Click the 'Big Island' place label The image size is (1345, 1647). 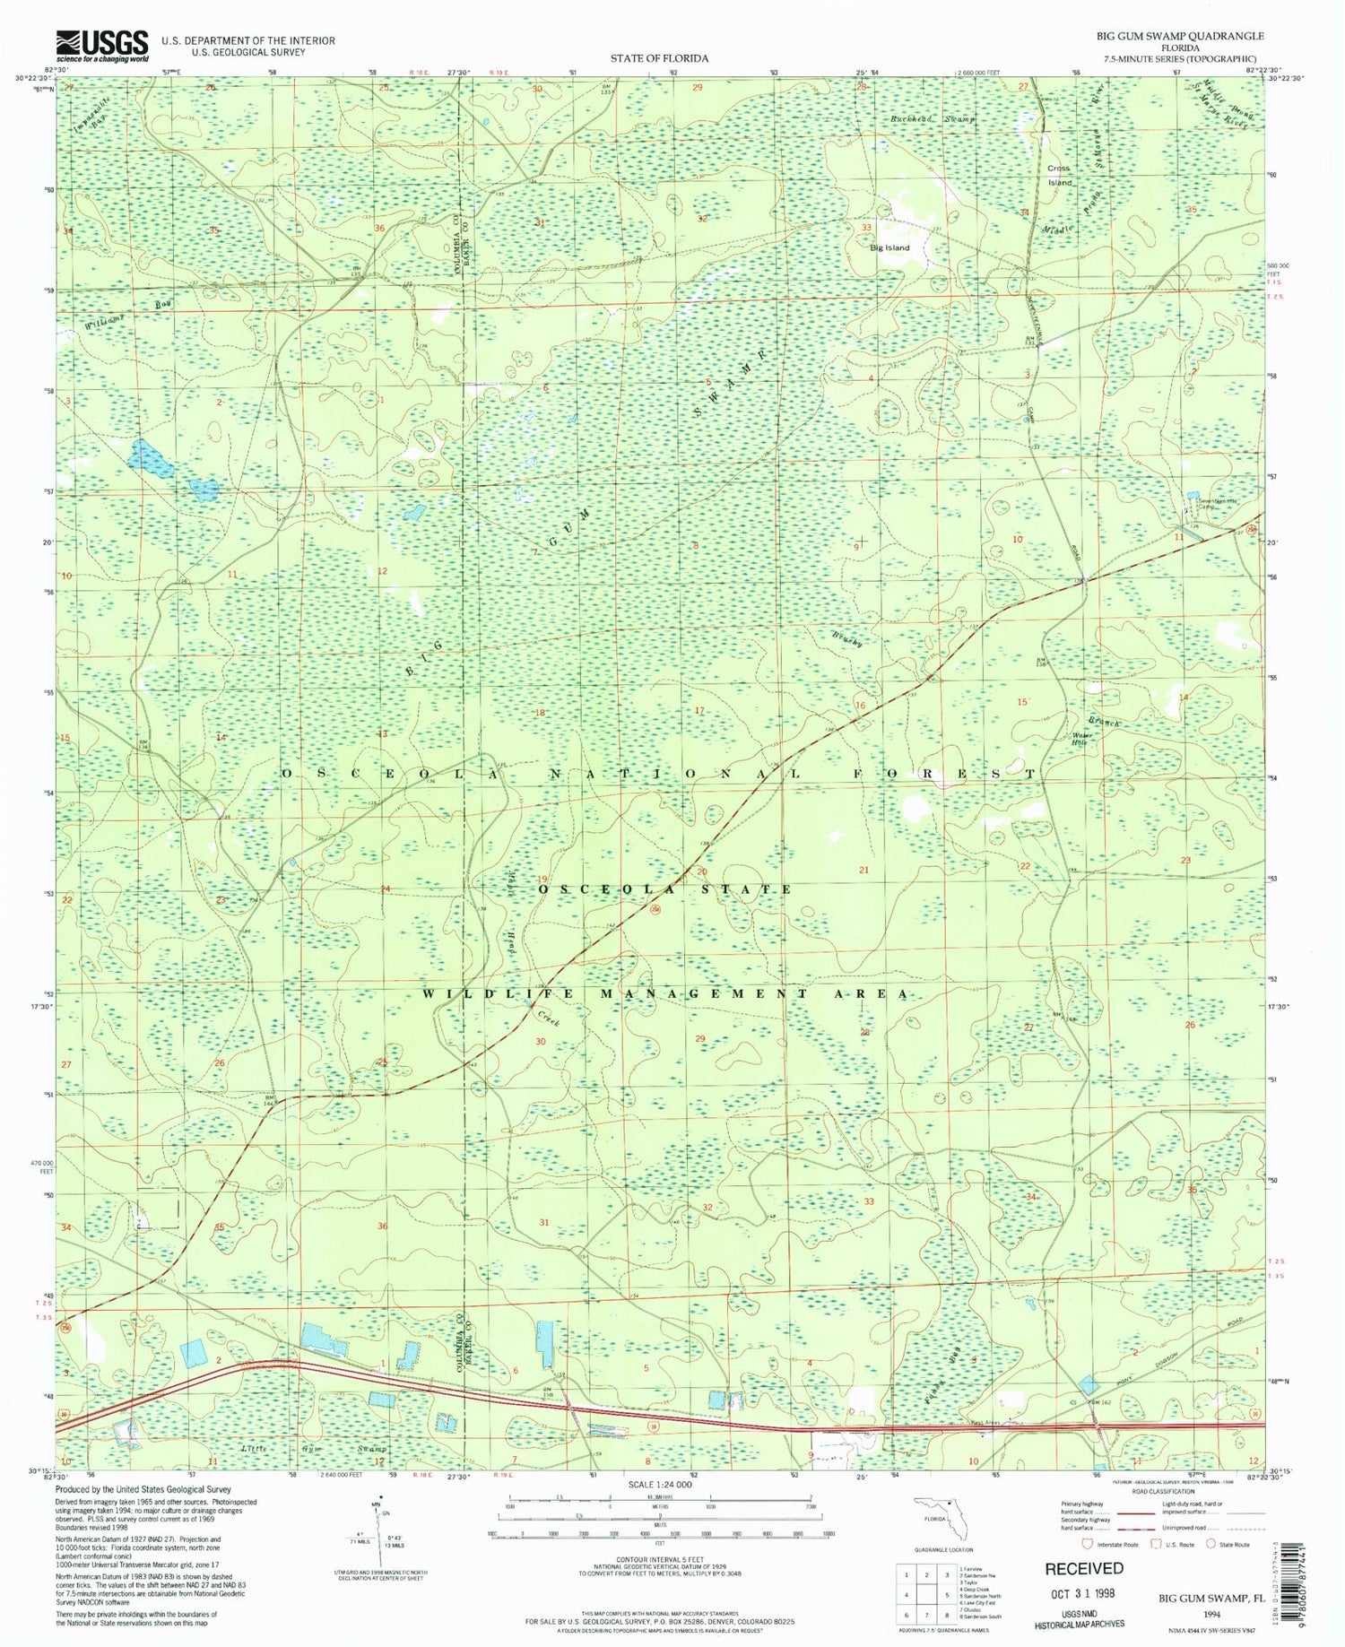(x=889, y=247)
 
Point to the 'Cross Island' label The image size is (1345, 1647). (x=1059, y=175)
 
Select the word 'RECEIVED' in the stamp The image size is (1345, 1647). (x=1083, y=1567)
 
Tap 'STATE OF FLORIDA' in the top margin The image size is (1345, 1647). (x=659, y=57)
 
